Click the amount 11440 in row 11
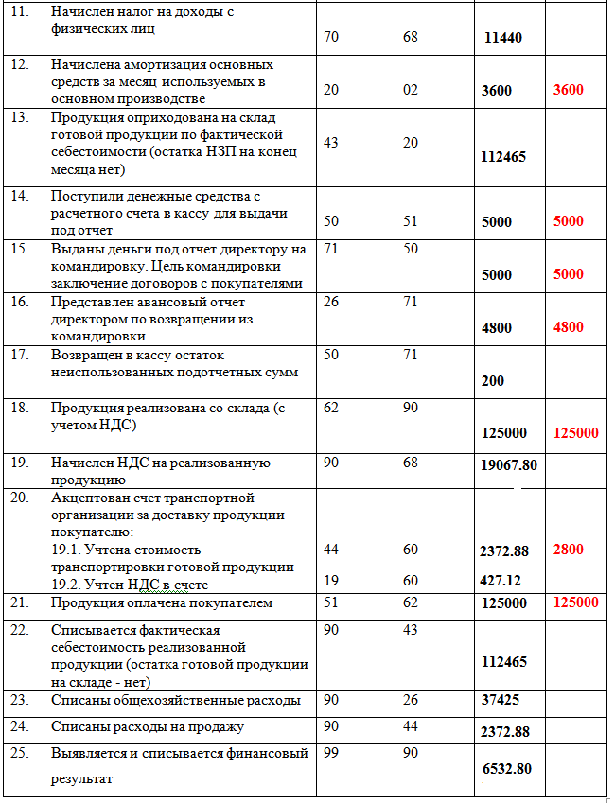pyautogui.click(x=502, y=39)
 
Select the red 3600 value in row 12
pyautogui.click(x=569, y=91)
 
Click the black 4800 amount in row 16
pyautogui.click(x=496, y=328)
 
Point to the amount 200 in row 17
pyautogui.click(x=492, y=381)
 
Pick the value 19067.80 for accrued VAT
pyautogui.click(x=508, y=465)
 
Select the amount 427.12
pyautogui.click(x=501, y=581)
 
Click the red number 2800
pyautogui.click(x=569, y=550)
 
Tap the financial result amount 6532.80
pyautogui.click(x=509, y=770)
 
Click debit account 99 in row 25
pyautogui.click(x=331, y=754)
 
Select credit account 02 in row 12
pyautogui.click(x=409, y=91)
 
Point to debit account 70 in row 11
pyautogui.click(x=331, y=38)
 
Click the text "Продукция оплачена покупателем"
pyautogui.click(x=162, y=602)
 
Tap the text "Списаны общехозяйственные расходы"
pyautogui.click(x=175, y=701)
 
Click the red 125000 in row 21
pyautogui.click(x=575, y=603)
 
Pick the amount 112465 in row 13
pyautogui.click(x=503, y=157)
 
